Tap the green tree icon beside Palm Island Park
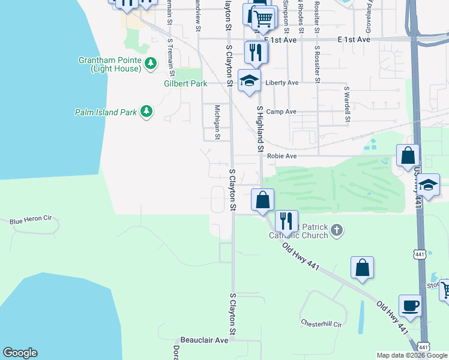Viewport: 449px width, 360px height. (146, 112)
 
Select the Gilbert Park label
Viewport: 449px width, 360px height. (185, 84)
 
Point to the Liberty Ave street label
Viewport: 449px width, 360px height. (282, 83)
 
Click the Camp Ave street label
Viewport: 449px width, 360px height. (282, 112)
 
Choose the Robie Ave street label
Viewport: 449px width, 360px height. (282, 156)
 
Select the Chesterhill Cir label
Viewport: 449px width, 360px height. (321, 324)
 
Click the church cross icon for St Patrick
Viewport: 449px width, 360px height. (337, 229)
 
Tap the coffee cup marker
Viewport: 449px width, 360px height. (410, 305)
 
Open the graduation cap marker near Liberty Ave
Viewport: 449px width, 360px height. (249, 82)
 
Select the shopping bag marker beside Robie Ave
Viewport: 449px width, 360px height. (408, 155)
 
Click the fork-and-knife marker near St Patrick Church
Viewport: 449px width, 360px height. (286, 220)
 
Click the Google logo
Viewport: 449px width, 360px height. (20, 353)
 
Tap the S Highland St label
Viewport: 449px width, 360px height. (261, 129)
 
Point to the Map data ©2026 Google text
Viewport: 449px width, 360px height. (411, 355)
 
